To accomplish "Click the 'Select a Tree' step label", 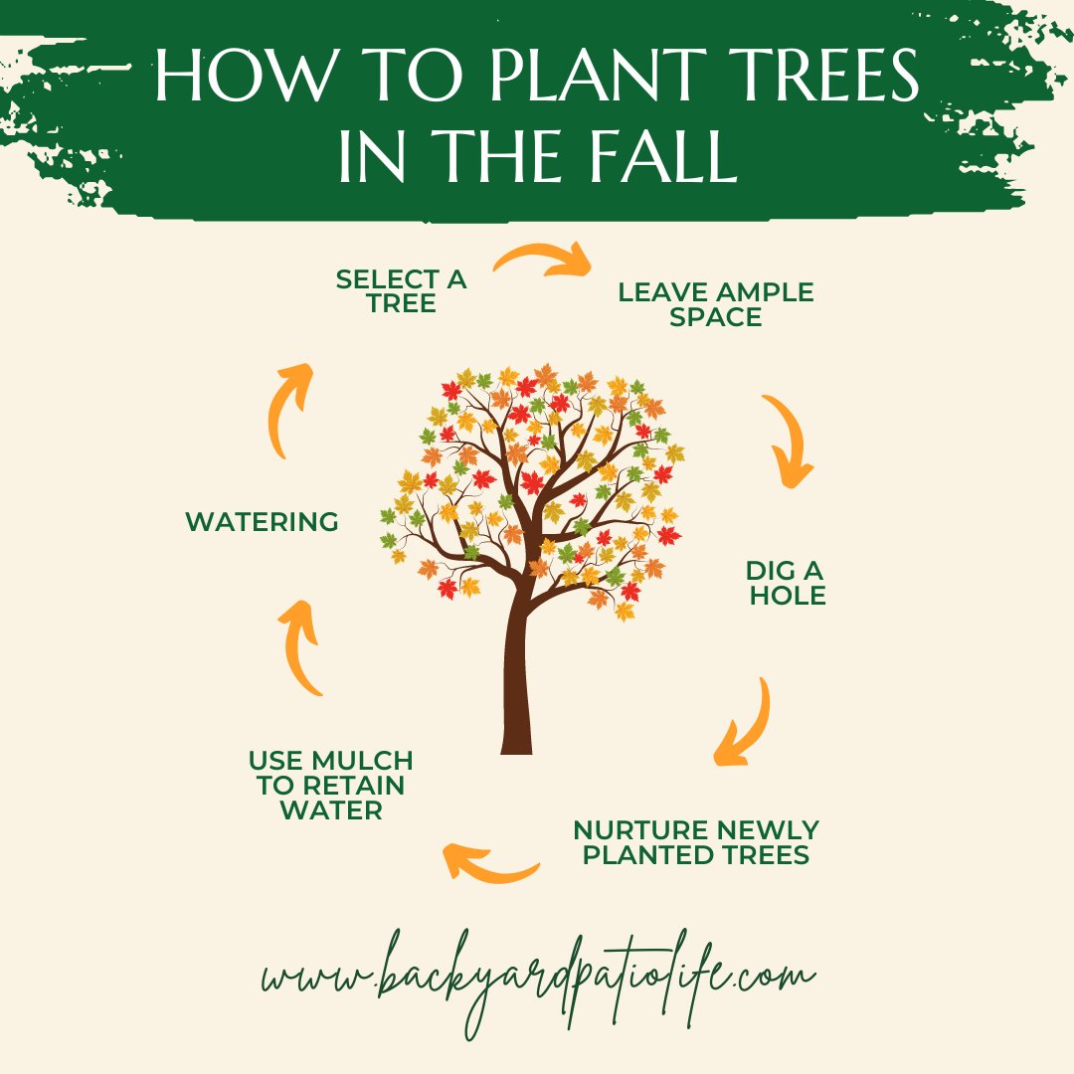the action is click(x=402, y=291).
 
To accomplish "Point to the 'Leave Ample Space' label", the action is click(x=716, y=304).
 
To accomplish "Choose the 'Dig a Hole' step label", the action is click(x=787, y=583).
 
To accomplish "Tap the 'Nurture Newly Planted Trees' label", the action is click(x=696, y=842).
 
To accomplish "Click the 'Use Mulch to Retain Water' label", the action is click(x=331, y=785).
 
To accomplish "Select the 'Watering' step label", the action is click(x=262, y=522).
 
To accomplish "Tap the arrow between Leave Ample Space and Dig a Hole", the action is click(x=789, y=439).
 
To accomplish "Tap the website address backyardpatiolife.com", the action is click(x=538, y=980).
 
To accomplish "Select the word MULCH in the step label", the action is click(x=362, y=761).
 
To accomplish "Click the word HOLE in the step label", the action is click(x=788, y=596).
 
